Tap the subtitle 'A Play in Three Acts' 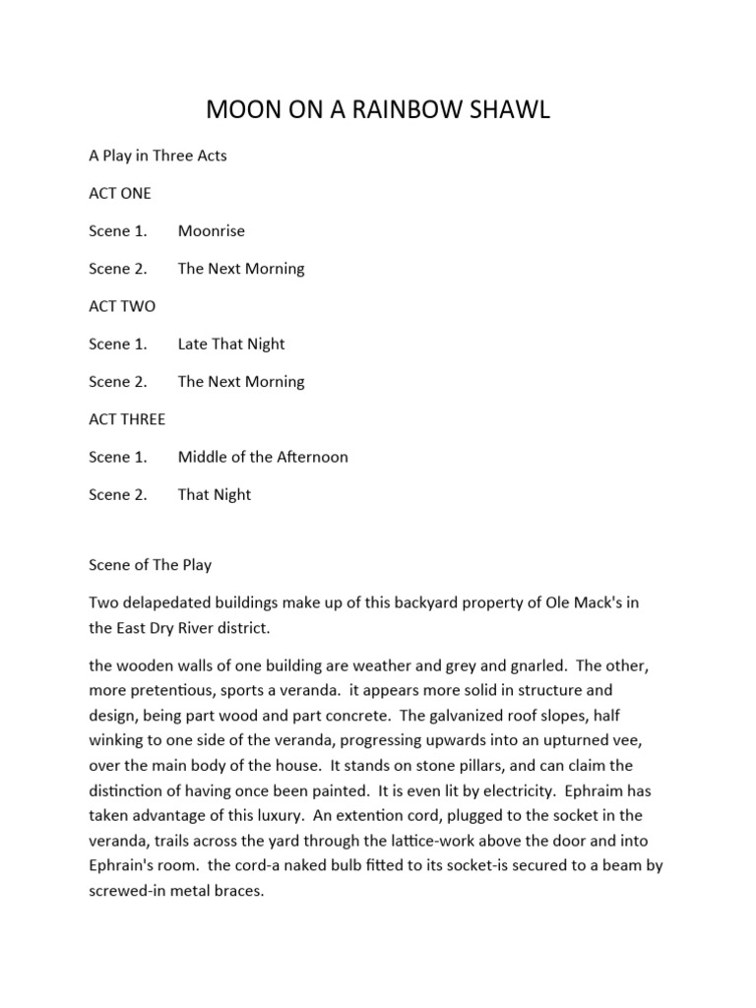[157, 156]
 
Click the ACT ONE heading [120, 193]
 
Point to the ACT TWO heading [122, 306]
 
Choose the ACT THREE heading [127, 419]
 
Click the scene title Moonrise [212, 231]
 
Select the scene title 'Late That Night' [231, 344]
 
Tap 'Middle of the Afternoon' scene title [263, 457]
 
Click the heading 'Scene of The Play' [150, 565]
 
